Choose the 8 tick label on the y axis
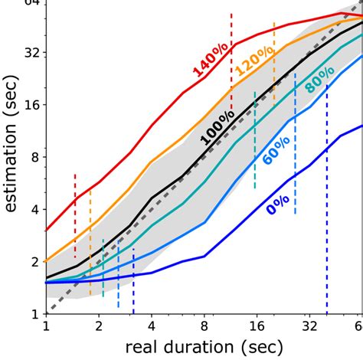click(x=33, y=157)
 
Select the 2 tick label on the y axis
click(x=33, y=261)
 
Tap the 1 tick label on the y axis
click(x=33, y=313)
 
